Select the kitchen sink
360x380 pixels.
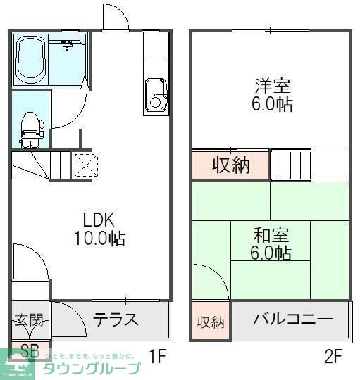tap(155, 96)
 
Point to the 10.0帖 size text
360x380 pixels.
tap(99, 239)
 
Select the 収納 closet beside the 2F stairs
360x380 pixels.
tap(231, 165)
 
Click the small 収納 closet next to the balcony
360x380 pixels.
tap(210, 322)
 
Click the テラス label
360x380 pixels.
tap(116, 319)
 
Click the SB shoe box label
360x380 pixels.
tap(30, 350)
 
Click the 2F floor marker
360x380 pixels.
tap(333, 356)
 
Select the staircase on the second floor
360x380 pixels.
tap(290, 165)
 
